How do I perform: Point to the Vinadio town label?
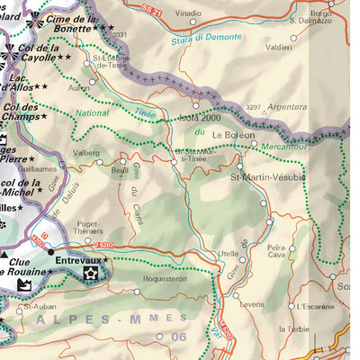(x=187, y=14)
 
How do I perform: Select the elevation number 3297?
(x=254, y=107)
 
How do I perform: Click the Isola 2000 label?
(x=200, y=118)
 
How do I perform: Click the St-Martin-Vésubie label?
(x=268, y=177)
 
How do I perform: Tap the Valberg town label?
(x=85, y=153)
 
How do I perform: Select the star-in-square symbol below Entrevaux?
(x=91, y=273)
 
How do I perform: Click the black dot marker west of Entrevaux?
(x=50, y=253)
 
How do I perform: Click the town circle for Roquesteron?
(x=137, y=292)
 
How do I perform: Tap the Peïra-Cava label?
(x=275, y=250)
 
